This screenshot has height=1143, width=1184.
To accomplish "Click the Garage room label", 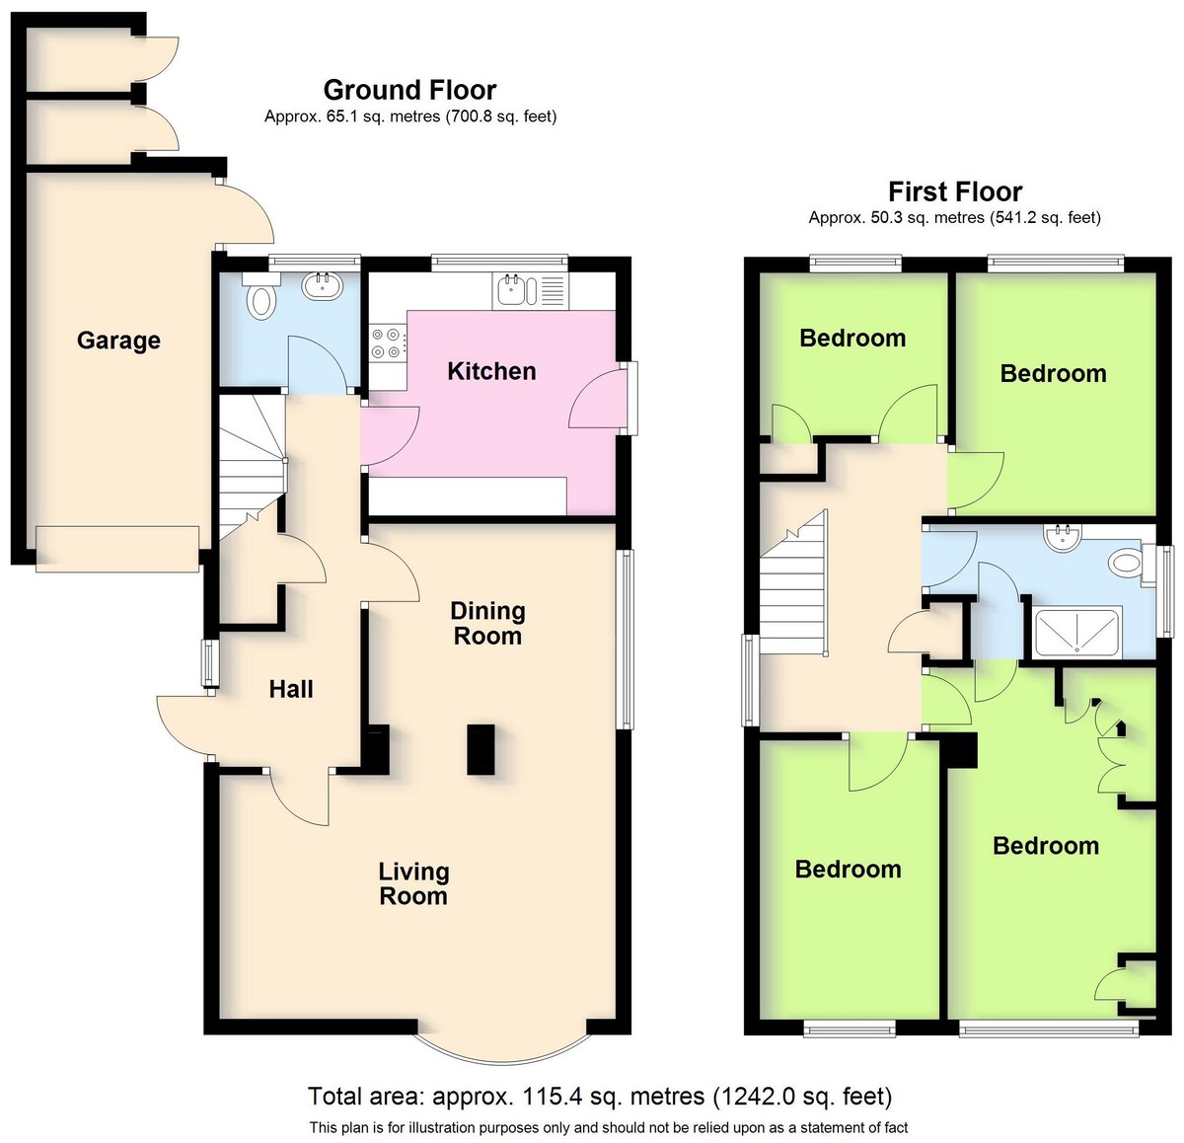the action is pos(118,341).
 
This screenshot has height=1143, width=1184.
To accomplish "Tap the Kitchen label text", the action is pos(491,371).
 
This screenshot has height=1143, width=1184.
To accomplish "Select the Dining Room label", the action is pos(488,624).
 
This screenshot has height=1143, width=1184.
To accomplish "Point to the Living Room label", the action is pos(413,883).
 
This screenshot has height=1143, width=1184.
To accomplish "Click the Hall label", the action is pos(291,689).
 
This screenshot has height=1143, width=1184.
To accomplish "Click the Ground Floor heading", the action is pos(410,90).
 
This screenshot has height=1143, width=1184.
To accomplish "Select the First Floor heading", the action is pos(955,191).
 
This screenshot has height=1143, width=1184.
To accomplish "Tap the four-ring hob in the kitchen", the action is pos(387,343).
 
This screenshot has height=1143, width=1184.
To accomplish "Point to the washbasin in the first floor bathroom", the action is pos(1063,537).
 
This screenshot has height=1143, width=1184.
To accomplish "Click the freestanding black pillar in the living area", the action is pos(481,749).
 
